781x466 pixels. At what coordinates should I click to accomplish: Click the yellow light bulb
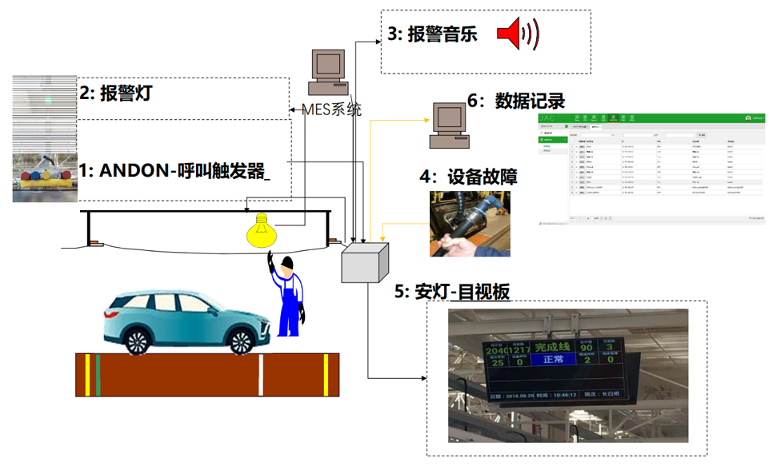(x=260, y=231)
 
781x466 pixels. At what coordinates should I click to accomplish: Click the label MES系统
(x=330, y=109)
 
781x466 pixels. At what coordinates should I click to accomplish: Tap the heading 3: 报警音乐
(x=432, y=34)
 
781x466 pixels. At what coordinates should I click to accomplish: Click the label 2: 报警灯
(x=115, y=93)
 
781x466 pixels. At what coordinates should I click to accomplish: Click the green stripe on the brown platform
(x=98, y=374)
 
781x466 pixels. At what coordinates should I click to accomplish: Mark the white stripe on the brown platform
(x=261, y=374)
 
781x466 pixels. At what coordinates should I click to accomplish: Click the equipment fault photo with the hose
(x=470, y=224)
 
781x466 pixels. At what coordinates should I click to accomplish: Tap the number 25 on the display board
(x=498, y=362)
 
